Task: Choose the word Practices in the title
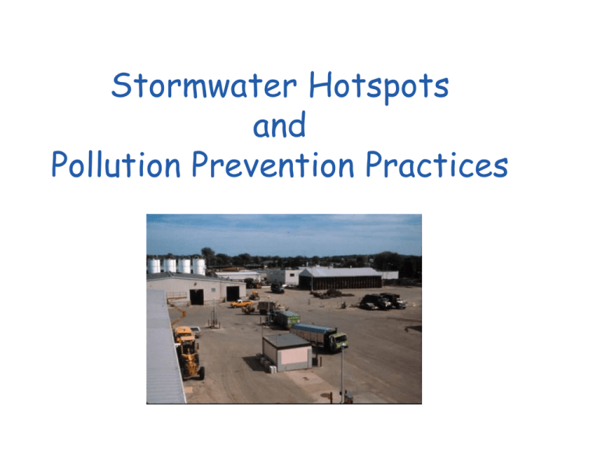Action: coord(446,165)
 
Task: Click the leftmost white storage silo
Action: coord(155,265)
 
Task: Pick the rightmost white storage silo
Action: coord(200,266)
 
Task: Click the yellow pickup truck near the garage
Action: coord(241,303)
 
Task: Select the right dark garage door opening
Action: coord(231,293)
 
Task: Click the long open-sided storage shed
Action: coord(340,277)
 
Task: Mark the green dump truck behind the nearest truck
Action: coord(285,318)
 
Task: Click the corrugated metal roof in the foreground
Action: coord(163,352)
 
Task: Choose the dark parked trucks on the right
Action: coord(383,301)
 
